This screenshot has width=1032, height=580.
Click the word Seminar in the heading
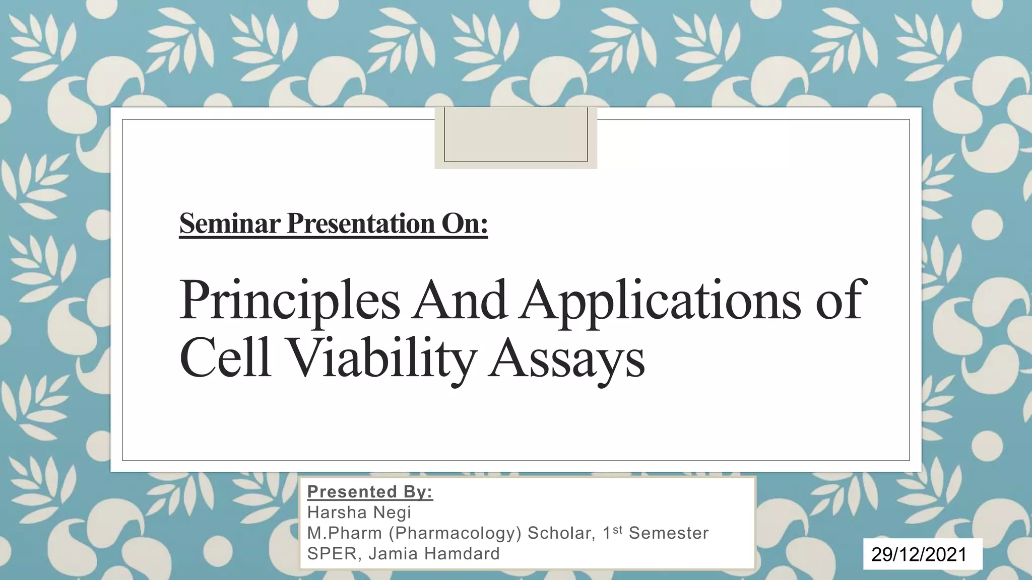pyautogui.click(x=229, y=224)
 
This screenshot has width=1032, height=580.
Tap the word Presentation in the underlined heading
pyautogui.click(x=361, y=224)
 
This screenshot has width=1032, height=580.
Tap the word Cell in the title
pyautogui.click(x=225, y=358)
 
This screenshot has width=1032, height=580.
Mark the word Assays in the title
pyautogui.click(x=566, y=358)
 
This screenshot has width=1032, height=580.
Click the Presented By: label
pyautogui.click(x=370, y=492)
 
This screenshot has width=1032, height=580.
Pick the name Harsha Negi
pyautogui.click(x=359, y=513)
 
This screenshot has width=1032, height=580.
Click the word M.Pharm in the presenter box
pyautogui.click(x=344, y=533)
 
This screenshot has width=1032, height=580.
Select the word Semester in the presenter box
pyautogui.click(x=669, y=533)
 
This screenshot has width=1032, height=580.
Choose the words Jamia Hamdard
pyautogui.click(x=434, y=554)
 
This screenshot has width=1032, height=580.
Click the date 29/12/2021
pyautogui.click(x=919, y=554)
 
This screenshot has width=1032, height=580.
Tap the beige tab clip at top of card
pyautogui.click(x=515, y=137)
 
